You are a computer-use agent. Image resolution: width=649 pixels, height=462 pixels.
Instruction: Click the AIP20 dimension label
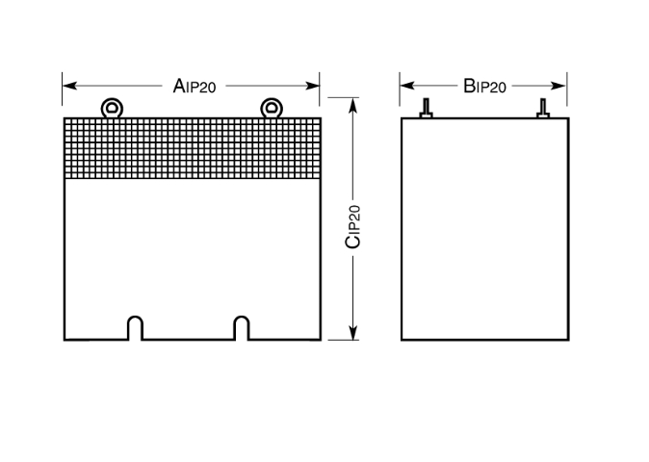tap(195, 86)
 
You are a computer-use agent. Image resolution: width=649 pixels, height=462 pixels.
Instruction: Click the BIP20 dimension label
tap(484, 86)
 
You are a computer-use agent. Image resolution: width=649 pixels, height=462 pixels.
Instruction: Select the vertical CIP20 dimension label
tap(352, 227)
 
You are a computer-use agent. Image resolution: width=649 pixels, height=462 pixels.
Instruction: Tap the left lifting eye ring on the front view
tap(112, 109)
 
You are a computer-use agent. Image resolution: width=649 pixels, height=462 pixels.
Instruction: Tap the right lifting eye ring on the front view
tap(272, 109)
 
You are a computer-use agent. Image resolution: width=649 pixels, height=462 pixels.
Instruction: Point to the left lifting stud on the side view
tap(426, 108)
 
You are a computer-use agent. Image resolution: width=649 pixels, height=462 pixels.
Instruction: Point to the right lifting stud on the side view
tap(543, 108)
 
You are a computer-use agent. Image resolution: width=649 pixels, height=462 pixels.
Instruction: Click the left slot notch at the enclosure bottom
tap(136, 328)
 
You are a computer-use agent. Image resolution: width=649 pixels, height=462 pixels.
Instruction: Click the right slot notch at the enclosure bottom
tap(242, 328)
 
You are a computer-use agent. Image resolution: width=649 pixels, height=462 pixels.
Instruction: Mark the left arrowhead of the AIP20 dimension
tap(69, 86)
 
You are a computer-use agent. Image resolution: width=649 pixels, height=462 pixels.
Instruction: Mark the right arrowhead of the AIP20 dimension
tap(312, 86)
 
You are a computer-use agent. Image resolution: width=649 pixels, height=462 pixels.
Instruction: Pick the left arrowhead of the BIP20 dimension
tap(407, 86)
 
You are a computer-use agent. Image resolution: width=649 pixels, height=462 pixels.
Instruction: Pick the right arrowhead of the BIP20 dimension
tap(559, 86)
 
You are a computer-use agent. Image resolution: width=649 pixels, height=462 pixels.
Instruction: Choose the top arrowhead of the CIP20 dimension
tap(352, 105)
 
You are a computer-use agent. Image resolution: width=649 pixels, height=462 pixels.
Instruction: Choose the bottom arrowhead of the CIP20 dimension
tap(352, 332)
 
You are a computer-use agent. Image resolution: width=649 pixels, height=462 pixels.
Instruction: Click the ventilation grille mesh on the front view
tap(193, 148)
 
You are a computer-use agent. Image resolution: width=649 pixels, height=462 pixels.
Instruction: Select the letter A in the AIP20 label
tap(178, 86)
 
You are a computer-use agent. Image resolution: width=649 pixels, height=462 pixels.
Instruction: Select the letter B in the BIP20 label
tap(469, 86)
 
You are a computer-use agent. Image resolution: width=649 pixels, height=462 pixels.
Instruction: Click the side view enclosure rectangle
tap(485, 229)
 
